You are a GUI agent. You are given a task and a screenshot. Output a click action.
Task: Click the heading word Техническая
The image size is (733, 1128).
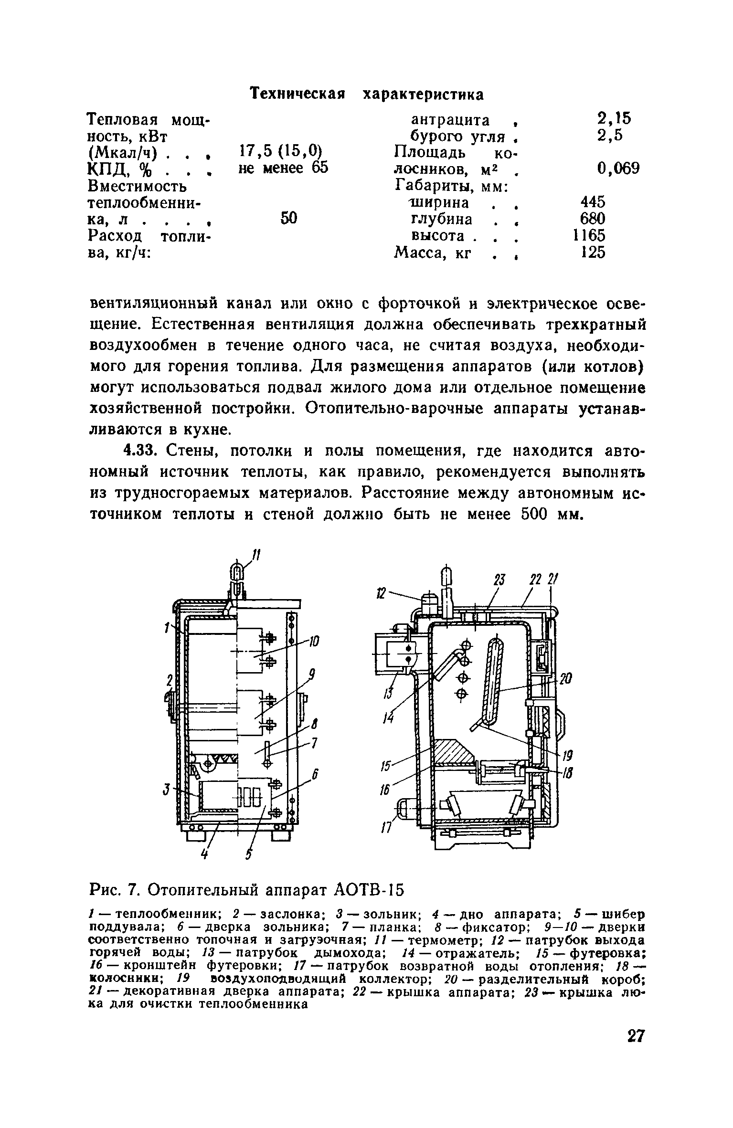(x=297, y=94)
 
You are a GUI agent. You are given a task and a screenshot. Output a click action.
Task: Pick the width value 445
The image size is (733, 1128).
(x=592, y=201)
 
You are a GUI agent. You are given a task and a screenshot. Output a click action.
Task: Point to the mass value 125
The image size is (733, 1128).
(x=592, y=252)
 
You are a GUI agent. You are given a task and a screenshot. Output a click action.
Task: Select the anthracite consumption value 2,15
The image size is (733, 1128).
(x=613, y=117)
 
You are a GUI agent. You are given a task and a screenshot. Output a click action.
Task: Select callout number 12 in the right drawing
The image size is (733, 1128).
(x=381, y=594)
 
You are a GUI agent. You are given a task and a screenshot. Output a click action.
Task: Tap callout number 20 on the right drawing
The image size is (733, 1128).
(x=565, y=679)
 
